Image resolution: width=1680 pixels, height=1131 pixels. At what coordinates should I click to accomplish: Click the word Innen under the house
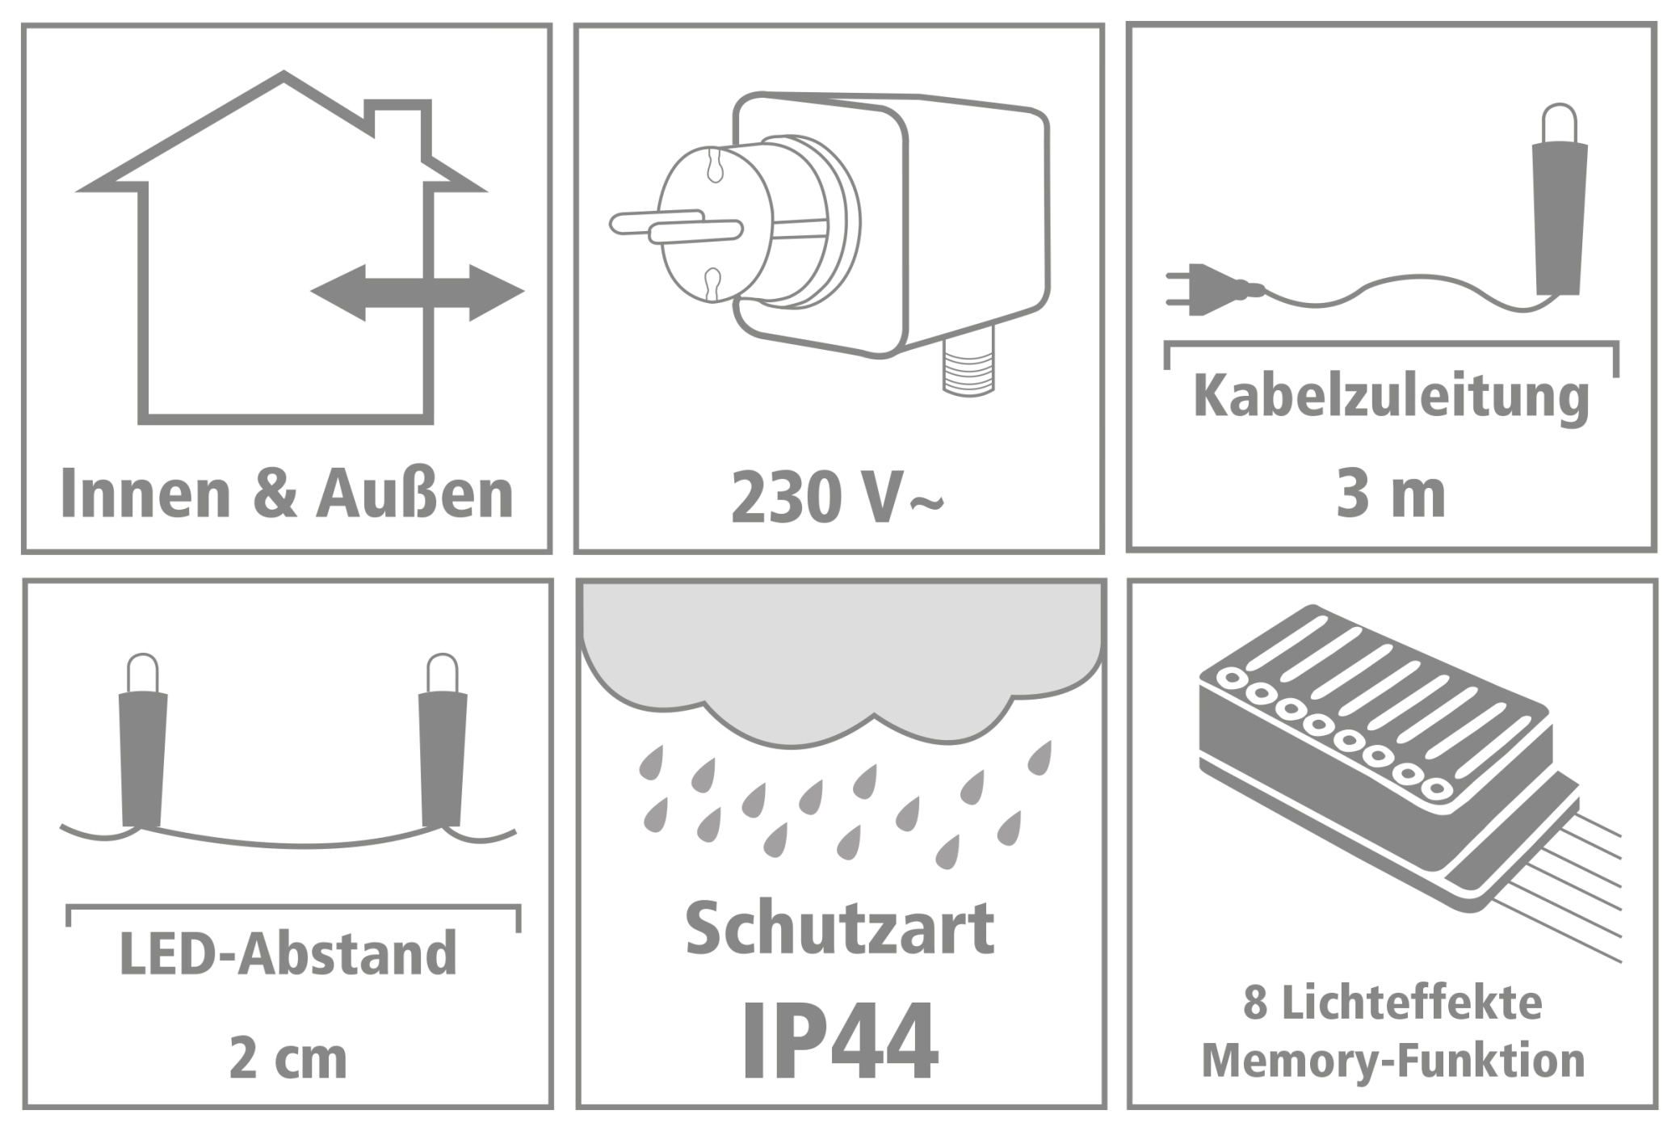tap(145, 494)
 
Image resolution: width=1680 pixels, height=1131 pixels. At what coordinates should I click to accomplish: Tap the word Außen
tap(415, 494)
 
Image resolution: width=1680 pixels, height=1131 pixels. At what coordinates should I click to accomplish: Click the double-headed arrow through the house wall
tap(417, 292)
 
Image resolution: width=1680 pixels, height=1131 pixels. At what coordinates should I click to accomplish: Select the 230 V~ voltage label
tap(837, 498)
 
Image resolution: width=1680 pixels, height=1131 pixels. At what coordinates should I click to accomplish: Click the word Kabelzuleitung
tap(1391, 397)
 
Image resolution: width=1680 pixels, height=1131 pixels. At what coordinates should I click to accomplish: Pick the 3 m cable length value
tap(1391, 494)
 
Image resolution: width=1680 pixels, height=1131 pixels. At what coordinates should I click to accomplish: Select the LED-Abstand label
tap(288, 954)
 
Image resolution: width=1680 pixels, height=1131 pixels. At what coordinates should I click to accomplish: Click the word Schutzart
tap(840, 929)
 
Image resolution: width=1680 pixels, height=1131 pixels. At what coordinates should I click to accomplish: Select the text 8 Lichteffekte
tap(1392, 1003)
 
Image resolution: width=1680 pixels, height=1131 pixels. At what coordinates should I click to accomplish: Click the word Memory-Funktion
tap(1392, 1061)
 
